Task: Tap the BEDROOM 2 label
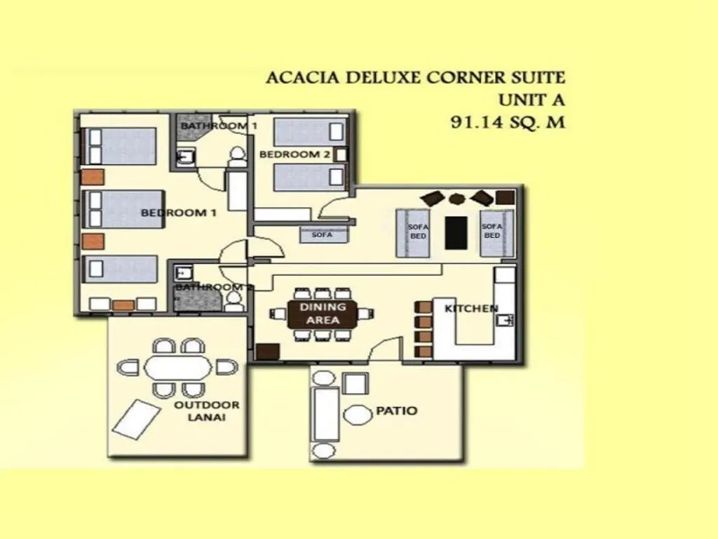click(294, 154)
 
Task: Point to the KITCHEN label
click(471, 308)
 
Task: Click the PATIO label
click(397, 411)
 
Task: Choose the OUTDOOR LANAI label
click(207, 411)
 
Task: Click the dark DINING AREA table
click(323, 314)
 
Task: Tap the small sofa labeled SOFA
click(322, 235)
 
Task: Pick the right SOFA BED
click(492, 231)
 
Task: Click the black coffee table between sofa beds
click(456, 232)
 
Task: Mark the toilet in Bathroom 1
click(237, 156)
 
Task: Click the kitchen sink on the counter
click(506, 321)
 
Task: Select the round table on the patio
click(358, 415)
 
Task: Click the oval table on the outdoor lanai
click(177, 368)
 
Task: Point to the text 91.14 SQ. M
click(507, 122)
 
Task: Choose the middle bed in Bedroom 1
click(123, 209)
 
